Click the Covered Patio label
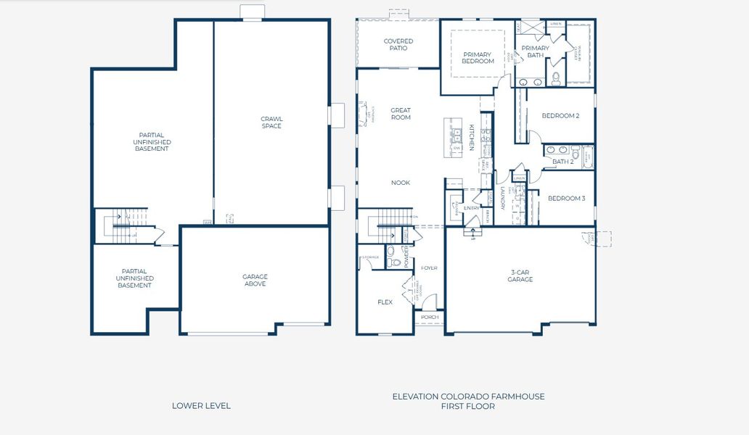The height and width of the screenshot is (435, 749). click(x=398, y=45)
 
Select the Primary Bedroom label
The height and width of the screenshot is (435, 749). click(x=478, y=58)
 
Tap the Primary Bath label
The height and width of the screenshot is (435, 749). click(x=536, y=51)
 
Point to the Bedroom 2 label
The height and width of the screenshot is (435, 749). click(x=560, y=115)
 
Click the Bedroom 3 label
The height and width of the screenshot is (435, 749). click(x=566, y=199)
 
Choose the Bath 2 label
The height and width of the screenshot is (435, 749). click(x=562, y=162)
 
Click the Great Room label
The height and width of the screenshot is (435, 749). click(x=401, y=114)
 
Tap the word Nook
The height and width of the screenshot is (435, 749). click(x=401, y=183)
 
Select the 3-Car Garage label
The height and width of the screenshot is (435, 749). click(x=520, y=275)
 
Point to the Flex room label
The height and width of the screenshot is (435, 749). click(x=385, y=302)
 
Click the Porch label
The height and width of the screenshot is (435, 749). click(x=430, y=318)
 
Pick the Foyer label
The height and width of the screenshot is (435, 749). click(x=429, y=268)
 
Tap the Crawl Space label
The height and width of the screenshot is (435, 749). click(x=271, y=123)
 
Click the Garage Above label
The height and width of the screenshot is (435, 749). click(x=255, y=280)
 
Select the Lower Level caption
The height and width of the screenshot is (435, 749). click(x=201, y=406)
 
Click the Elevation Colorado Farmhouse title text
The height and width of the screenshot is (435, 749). click(x=468, y=397)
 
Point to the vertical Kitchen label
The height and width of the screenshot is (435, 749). click(x=471, y=137)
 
